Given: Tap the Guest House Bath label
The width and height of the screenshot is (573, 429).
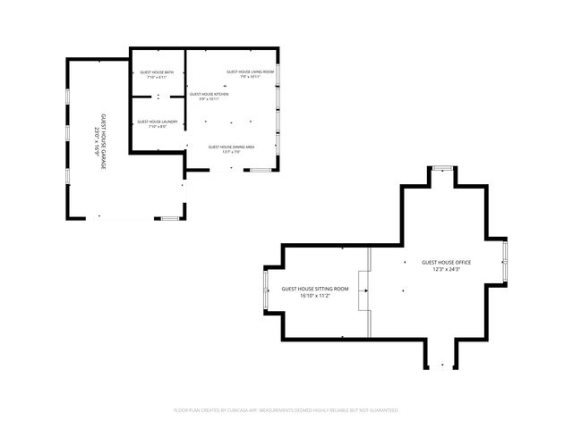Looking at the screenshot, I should point(158,72).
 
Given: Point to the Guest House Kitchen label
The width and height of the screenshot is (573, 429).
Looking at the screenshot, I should point(209,94).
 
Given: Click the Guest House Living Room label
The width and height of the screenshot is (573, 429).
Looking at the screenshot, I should point(244,71).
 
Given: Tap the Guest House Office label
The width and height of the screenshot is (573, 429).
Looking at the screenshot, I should point(446,262).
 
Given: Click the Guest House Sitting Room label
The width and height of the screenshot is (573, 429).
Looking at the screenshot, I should point(315,289).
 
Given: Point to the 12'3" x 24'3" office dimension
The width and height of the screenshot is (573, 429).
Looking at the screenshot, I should point(446,269).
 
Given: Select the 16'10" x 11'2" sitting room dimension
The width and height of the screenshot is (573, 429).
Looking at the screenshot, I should point(315,296).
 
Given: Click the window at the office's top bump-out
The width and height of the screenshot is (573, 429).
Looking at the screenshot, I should point(442,168).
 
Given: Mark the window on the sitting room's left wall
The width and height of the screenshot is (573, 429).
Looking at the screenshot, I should point(265,291).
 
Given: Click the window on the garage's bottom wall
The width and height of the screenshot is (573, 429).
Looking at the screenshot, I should point(167,217).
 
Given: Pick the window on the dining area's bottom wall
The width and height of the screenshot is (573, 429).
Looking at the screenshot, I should point(260,169).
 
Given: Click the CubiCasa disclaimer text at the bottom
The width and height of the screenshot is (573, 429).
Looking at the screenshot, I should point(286,410).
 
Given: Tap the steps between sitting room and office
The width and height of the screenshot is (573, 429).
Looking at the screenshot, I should point(363,291).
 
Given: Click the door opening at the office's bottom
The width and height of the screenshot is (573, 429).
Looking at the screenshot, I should point(440,366).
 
